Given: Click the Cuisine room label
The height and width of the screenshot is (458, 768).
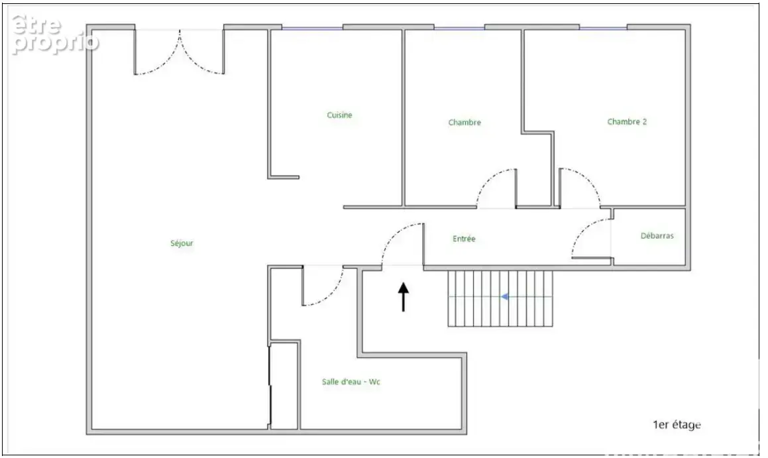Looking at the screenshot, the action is pyautogui.click(x=339, y=115).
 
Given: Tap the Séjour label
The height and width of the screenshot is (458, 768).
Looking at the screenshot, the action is pyautogui.click(x=182, y=243).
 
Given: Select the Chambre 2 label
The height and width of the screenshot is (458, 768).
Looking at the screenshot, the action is pyautogui.click(x=627, y=121).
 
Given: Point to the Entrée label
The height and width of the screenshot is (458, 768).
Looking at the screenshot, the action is pyautogui.click(x=464, y=239).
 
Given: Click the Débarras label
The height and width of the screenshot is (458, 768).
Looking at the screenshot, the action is pyautogui.click(x=657, y=235).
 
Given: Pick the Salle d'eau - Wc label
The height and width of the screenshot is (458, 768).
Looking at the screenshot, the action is pyautogui.click(x=351, y=382).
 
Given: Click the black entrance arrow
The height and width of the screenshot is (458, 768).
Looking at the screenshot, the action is pyautogui.click(x=403, y=297).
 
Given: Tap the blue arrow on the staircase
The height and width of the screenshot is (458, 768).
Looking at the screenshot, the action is pyautogui.click(x=504, y=296).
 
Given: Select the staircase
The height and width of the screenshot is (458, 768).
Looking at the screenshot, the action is pyautogui.click(x=500, y=298).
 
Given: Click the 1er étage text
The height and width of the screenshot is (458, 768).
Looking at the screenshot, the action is pyautogui.click(x=677, y=425).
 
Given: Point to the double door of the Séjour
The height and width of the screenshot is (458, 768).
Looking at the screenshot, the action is pyautogui.click(x=180, y=52).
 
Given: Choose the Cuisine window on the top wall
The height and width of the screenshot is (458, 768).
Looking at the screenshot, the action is pyautogui.click(x=312, y=28).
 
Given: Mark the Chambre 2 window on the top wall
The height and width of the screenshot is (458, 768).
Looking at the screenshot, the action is pyautogui.click(x=604, y=28).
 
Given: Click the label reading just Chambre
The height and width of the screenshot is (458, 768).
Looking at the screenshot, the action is pyautogui.click(x=465, y=123).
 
